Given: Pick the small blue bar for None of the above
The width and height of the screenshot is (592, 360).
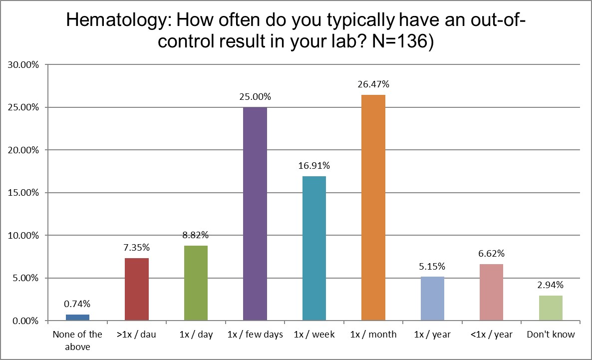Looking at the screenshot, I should click(77, 318).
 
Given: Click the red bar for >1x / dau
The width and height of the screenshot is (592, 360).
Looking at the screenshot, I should click(136, 289).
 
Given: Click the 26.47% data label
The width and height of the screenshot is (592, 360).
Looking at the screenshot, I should click(373, 84).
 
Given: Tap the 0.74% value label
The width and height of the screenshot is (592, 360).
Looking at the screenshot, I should click(77, 304).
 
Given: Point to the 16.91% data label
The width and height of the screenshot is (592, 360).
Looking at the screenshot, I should click(314, 166).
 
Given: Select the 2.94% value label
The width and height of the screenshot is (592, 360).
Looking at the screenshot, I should click(551, 285).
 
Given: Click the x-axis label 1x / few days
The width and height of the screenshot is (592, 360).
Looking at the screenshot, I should click(255, 335).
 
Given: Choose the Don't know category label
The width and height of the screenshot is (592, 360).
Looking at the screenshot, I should click(551, 335).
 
